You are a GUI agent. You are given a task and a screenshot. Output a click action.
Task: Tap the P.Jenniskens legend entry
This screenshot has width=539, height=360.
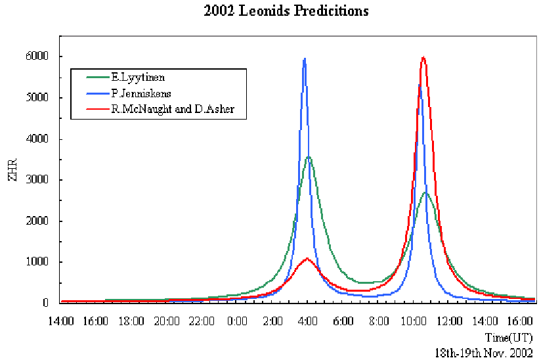133,93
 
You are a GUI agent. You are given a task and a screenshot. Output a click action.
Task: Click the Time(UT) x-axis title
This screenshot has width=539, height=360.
509,336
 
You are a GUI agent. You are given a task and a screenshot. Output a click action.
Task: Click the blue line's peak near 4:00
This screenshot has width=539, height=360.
305,59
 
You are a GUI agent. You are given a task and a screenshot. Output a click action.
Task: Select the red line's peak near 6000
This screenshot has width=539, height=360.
423,58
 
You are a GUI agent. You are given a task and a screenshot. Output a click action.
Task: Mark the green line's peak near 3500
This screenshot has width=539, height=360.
308,157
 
